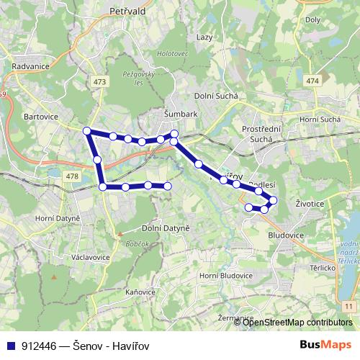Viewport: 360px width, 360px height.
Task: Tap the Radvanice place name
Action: point(30,66)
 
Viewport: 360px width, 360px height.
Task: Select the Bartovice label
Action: point(40,114)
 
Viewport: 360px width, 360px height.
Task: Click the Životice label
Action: point(309,204)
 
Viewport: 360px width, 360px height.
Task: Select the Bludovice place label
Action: point(286,235)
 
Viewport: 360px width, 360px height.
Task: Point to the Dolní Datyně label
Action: point(165,228)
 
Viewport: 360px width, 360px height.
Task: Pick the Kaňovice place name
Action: point(140,292)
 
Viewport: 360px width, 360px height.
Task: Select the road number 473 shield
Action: point(99,82)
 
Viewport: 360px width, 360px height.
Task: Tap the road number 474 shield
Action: point(312,81)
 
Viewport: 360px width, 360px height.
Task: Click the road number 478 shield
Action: point(71,176)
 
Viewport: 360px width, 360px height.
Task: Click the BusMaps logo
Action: point(326,345)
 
